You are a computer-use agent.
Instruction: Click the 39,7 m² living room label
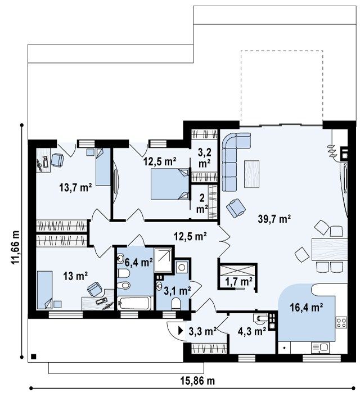tap(274, 219)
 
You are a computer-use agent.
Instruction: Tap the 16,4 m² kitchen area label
tap(306, 307)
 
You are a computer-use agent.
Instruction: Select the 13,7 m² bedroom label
tap(75, 188)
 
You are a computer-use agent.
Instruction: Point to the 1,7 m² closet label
tap(239, 282)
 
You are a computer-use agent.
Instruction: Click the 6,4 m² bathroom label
tap(139, 262)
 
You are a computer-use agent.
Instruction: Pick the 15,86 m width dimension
tap(197, 381)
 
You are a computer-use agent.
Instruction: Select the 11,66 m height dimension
tap(15, 247)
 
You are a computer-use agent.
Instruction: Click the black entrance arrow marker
tap(181, 331)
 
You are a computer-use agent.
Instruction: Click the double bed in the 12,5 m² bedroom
tap(170, 184)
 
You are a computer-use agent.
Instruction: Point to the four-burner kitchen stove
tap(341, 322)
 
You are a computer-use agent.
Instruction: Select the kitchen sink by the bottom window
tap(320, 348)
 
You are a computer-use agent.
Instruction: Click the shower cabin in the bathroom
tap(163, 260)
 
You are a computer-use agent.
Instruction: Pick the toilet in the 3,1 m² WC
tap(176, 303)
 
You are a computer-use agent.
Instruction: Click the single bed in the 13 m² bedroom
tap(45, 290)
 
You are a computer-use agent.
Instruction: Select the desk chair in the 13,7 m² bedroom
tap(57, 160)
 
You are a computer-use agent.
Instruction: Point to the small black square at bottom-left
tap(33, 357)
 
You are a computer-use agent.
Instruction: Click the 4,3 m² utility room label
tap(252, 331)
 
